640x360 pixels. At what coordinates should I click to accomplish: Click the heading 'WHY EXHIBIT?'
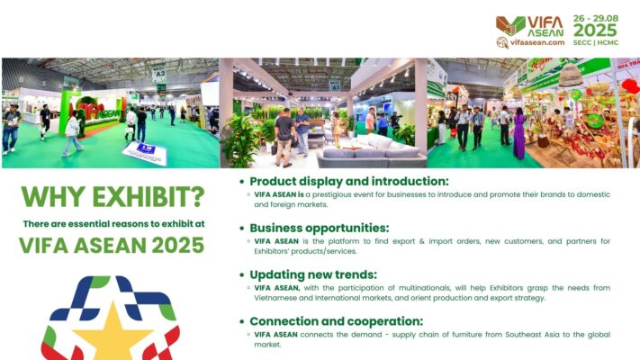[x=113, y=197]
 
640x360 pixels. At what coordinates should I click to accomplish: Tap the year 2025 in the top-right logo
[x=595, y=31]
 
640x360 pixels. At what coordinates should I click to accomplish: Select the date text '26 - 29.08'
[x=596, y=18]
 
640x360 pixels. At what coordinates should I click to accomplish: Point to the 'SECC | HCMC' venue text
[x=596, y=42]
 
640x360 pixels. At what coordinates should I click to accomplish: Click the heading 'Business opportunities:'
[x=320, y=228]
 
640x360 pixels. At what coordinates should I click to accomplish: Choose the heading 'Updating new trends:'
[x=313, y=274]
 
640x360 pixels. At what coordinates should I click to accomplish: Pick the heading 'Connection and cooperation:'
[x=337, y=321]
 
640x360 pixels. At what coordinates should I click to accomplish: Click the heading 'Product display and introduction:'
[x=349, y=181]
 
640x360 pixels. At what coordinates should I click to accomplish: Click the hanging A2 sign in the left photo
[x=159, y=75]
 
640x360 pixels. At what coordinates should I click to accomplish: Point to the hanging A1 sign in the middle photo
[x=334, y=85]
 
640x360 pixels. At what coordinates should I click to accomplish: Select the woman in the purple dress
[x=518, y=133]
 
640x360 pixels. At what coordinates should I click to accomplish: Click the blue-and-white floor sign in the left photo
[x=146, y=153]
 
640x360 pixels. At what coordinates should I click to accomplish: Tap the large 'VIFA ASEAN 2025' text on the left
[x=112, y=246]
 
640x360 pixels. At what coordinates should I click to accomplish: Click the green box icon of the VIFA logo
[x=510, y=26]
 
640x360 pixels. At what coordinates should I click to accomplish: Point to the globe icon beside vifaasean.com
[x=502, y=42]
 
